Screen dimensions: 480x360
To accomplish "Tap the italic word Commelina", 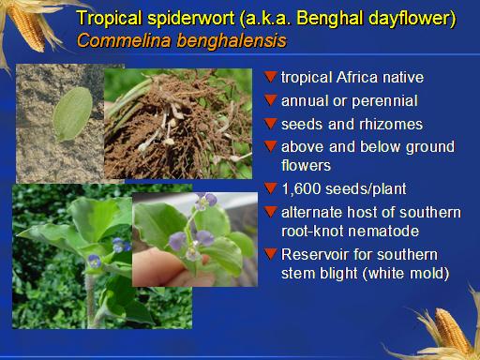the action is coord(124,40).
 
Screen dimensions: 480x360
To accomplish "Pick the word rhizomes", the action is coord(391,124).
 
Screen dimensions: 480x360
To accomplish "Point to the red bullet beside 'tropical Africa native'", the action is coord(270,77).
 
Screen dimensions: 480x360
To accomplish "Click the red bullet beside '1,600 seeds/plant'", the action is coord(270,188).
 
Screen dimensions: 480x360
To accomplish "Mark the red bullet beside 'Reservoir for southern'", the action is coord(270,254).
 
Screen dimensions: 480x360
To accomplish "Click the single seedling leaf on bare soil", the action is coord(72,113).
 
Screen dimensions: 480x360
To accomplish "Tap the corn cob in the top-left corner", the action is coord(27,26).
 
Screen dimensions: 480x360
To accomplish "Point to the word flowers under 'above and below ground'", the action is coord(306,166).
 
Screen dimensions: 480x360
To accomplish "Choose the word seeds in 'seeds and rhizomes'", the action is coord(302,124).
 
